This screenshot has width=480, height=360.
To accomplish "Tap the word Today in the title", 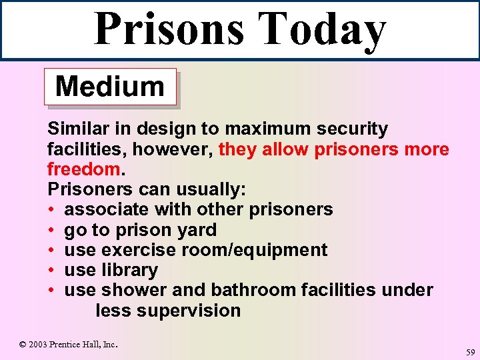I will [322, 30].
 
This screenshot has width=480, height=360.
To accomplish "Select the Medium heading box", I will [110, 87].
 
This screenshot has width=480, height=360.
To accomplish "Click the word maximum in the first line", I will [266, 129].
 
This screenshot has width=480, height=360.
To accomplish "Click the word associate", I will [107, 209].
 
